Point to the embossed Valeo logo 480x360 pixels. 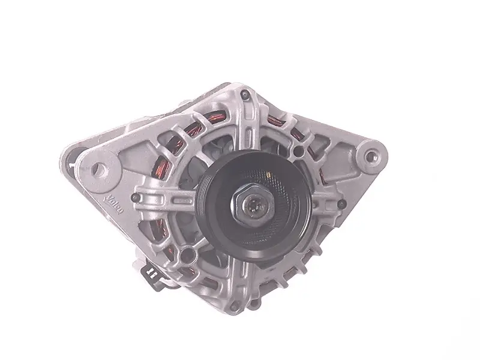tap(115, 205)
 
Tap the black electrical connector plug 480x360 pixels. tap(152, 274)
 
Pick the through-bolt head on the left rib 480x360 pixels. tap(136, 198)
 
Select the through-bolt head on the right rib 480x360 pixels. tap(342, 203)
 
